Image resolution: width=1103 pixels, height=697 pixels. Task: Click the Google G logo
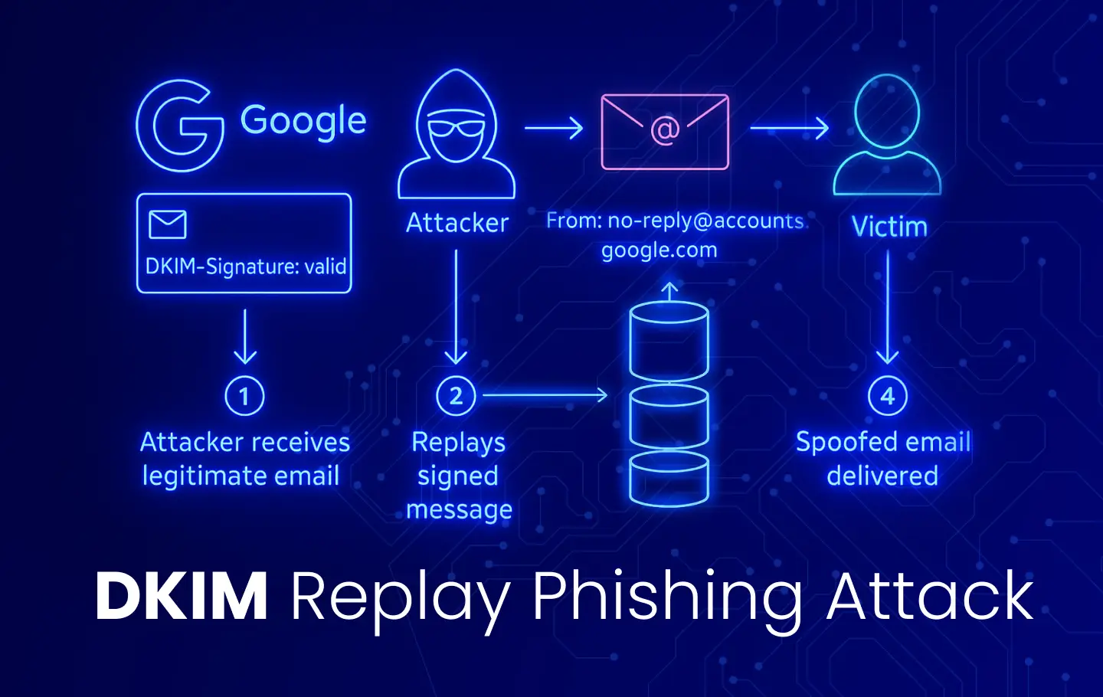180,125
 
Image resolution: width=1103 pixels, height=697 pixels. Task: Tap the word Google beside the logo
303,121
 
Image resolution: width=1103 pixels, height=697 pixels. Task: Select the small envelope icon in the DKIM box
168,224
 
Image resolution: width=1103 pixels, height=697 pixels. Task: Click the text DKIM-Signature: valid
246,267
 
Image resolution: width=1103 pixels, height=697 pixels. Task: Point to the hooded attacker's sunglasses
457,126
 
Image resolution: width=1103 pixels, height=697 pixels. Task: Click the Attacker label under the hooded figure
457,223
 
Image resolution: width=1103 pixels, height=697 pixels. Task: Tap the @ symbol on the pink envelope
665,130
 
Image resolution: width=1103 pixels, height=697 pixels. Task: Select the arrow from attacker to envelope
553,127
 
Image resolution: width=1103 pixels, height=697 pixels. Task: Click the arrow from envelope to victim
789,128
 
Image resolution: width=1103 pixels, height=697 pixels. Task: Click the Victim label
889,227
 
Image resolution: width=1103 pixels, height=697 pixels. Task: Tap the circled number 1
244,396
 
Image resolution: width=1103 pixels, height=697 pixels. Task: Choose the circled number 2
456,396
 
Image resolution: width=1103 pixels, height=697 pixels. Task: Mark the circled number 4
887,396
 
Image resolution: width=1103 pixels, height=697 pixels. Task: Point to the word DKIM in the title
182,596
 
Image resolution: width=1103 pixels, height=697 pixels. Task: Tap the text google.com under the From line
659,250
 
